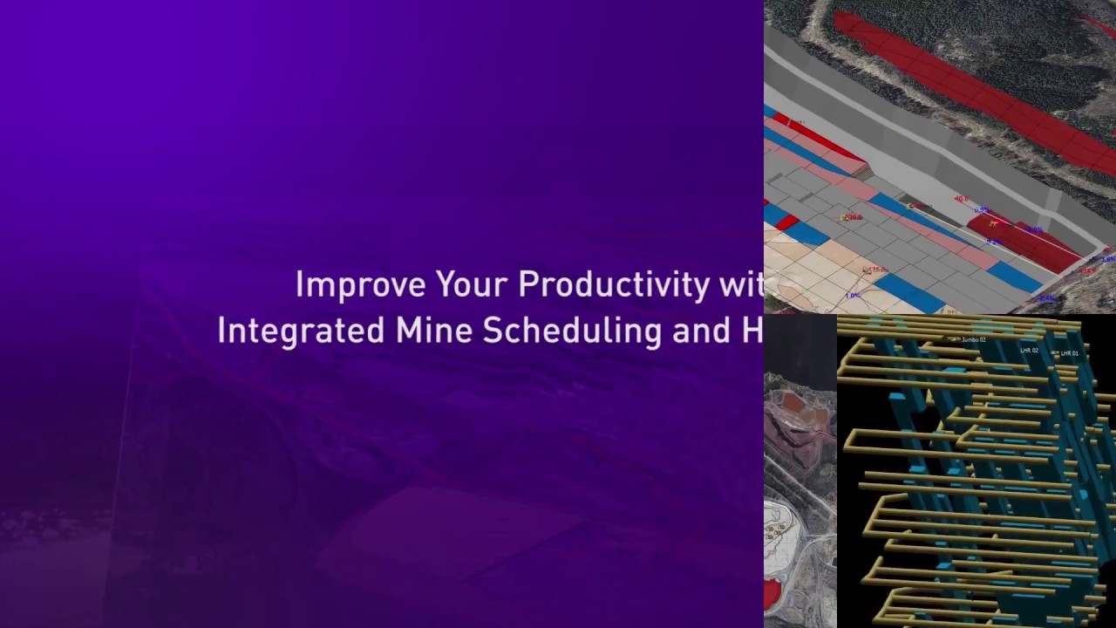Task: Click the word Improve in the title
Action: (x=360, y=285)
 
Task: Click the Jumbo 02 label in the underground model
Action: (x=973, y=340)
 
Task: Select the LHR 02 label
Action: (x=1029, y=351)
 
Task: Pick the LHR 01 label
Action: (x=1069, y=353)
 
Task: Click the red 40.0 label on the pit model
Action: (x=961, y=199)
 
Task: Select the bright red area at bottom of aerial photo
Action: (x=772, y=597)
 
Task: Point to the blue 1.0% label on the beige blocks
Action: (x=852, y=296)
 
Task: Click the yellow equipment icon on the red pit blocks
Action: (x=993, y=224)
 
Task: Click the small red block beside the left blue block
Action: (x=787, y=222)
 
